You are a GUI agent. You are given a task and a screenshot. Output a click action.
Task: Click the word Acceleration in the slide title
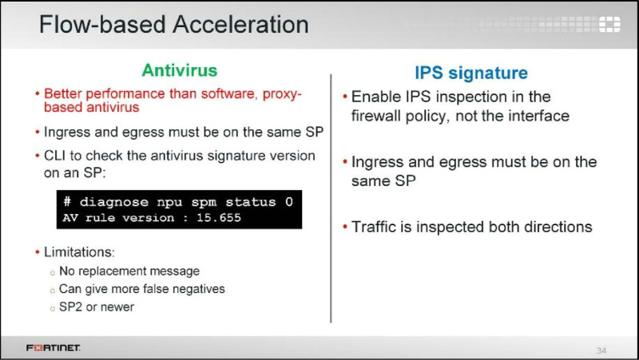coord(240,25)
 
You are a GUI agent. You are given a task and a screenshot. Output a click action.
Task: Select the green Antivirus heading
coord(179,70)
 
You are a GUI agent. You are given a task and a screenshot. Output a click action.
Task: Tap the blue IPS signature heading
coord(471,73)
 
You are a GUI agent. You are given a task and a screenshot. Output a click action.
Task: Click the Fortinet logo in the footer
coord(53,348)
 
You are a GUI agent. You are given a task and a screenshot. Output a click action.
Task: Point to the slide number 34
coord(601,350)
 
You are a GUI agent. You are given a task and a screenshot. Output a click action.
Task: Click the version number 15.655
coord(219,218)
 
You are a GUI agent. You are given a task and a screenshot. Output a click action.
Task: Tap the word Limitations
coord(79,252)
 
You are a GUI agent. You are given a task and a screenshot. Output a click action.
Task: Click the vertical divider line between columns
coord(331,198)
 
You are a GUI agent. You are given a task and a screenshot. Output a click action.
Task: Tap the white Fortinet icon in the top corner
coord(609,25)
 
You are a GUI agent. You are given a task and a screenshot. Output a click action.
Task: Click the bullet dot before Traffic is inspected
coord(345,227)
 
